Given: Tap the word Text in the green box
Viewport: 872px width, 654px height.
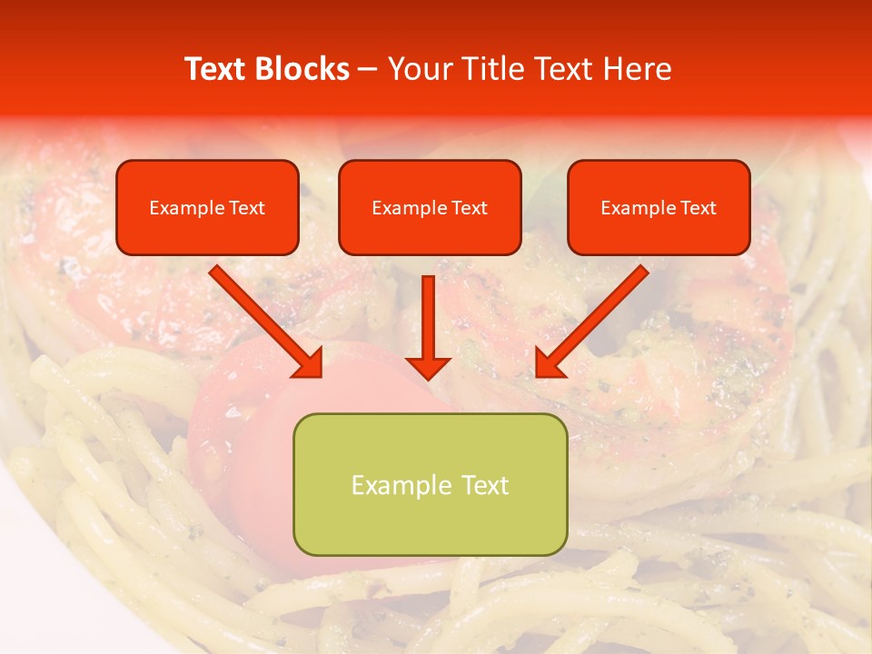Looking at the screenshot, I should coord(484,485).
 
